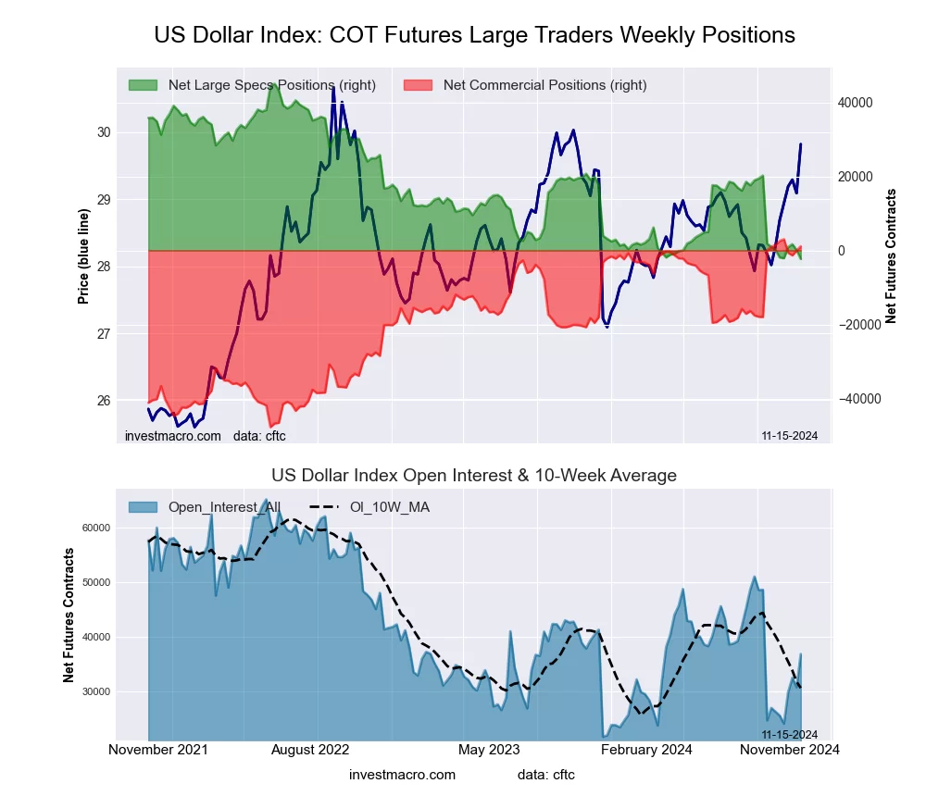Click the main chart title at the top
coord(474,35)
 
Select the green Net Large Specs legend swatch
coord(143,85)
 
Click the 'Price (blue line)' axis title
coord(84,256)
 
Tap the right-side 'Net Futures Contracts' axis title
coord(892,256)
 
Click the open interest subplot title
coord(474,476)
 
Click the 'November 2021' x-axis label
coord(158,749)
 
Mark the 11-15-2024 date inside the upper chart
coord(789,436)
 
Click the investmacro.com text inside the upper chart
coord(173,436)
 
